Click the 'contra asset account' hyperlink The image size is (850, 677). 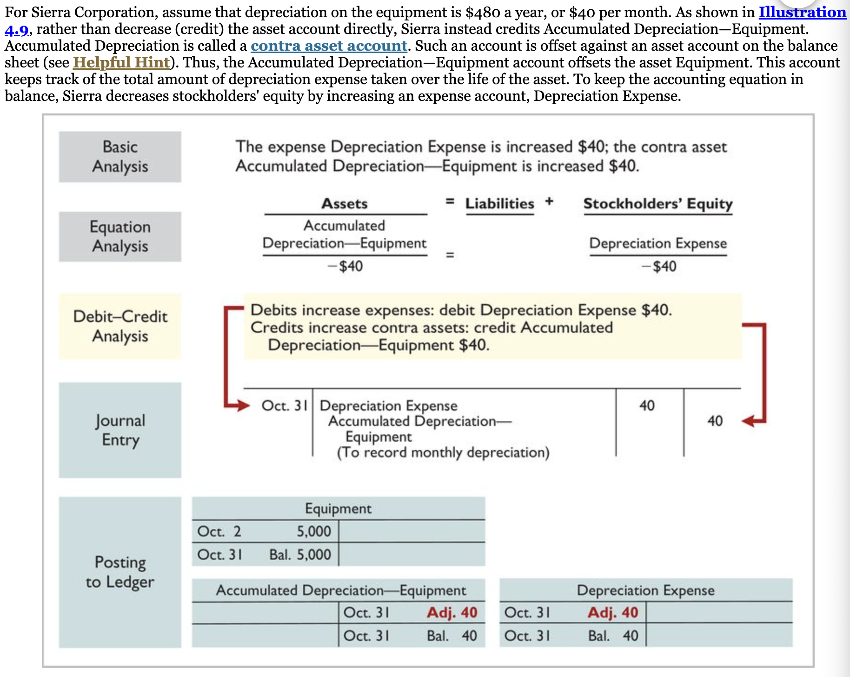click(x=329, y=46)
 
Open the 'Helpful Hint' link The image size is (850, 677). click(x=121, y=63)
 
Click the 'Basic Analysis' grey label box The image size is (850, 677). click(x=120, y=157)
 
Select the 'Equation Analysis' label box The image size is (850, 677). click(x=120, y=237)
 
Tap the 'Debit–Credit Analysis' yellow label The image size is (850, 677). click(x=120, y=326)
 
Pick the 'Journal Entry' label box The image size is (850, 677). click(x=120, y=430)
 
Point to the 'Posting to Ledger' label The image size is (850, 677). click(x=120, y=572)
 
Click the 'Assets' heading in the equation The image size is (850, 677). click(x=345, y=204)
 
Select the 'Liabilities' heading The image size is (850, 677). click(x=500, y=204)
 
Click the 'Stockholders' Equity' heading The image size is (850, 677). click(x=657, y=204)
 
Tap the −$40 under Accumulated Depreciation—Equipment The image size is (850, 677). click(x=345, y=266)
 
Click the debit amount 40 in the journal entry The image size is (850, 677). click(x=647, y=405)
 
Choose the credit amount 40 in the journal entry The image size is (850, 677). click(x=715, y=421)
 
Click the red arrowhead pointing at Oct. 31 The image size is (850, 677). click(x=241, y=405)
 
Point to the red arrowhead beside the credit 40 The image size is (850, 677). click(x=748, y=421)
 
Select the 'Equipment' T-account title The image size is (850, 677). click(x=338, y=509)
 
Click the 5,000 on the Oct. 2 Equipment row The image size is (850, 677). click(x=314, y=531)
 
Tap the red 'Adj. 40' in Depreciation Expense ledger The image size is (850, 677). click(x=613, y=613)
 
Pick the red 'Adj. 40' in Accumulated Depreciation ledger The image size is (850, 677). click(x=452, y=613)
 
